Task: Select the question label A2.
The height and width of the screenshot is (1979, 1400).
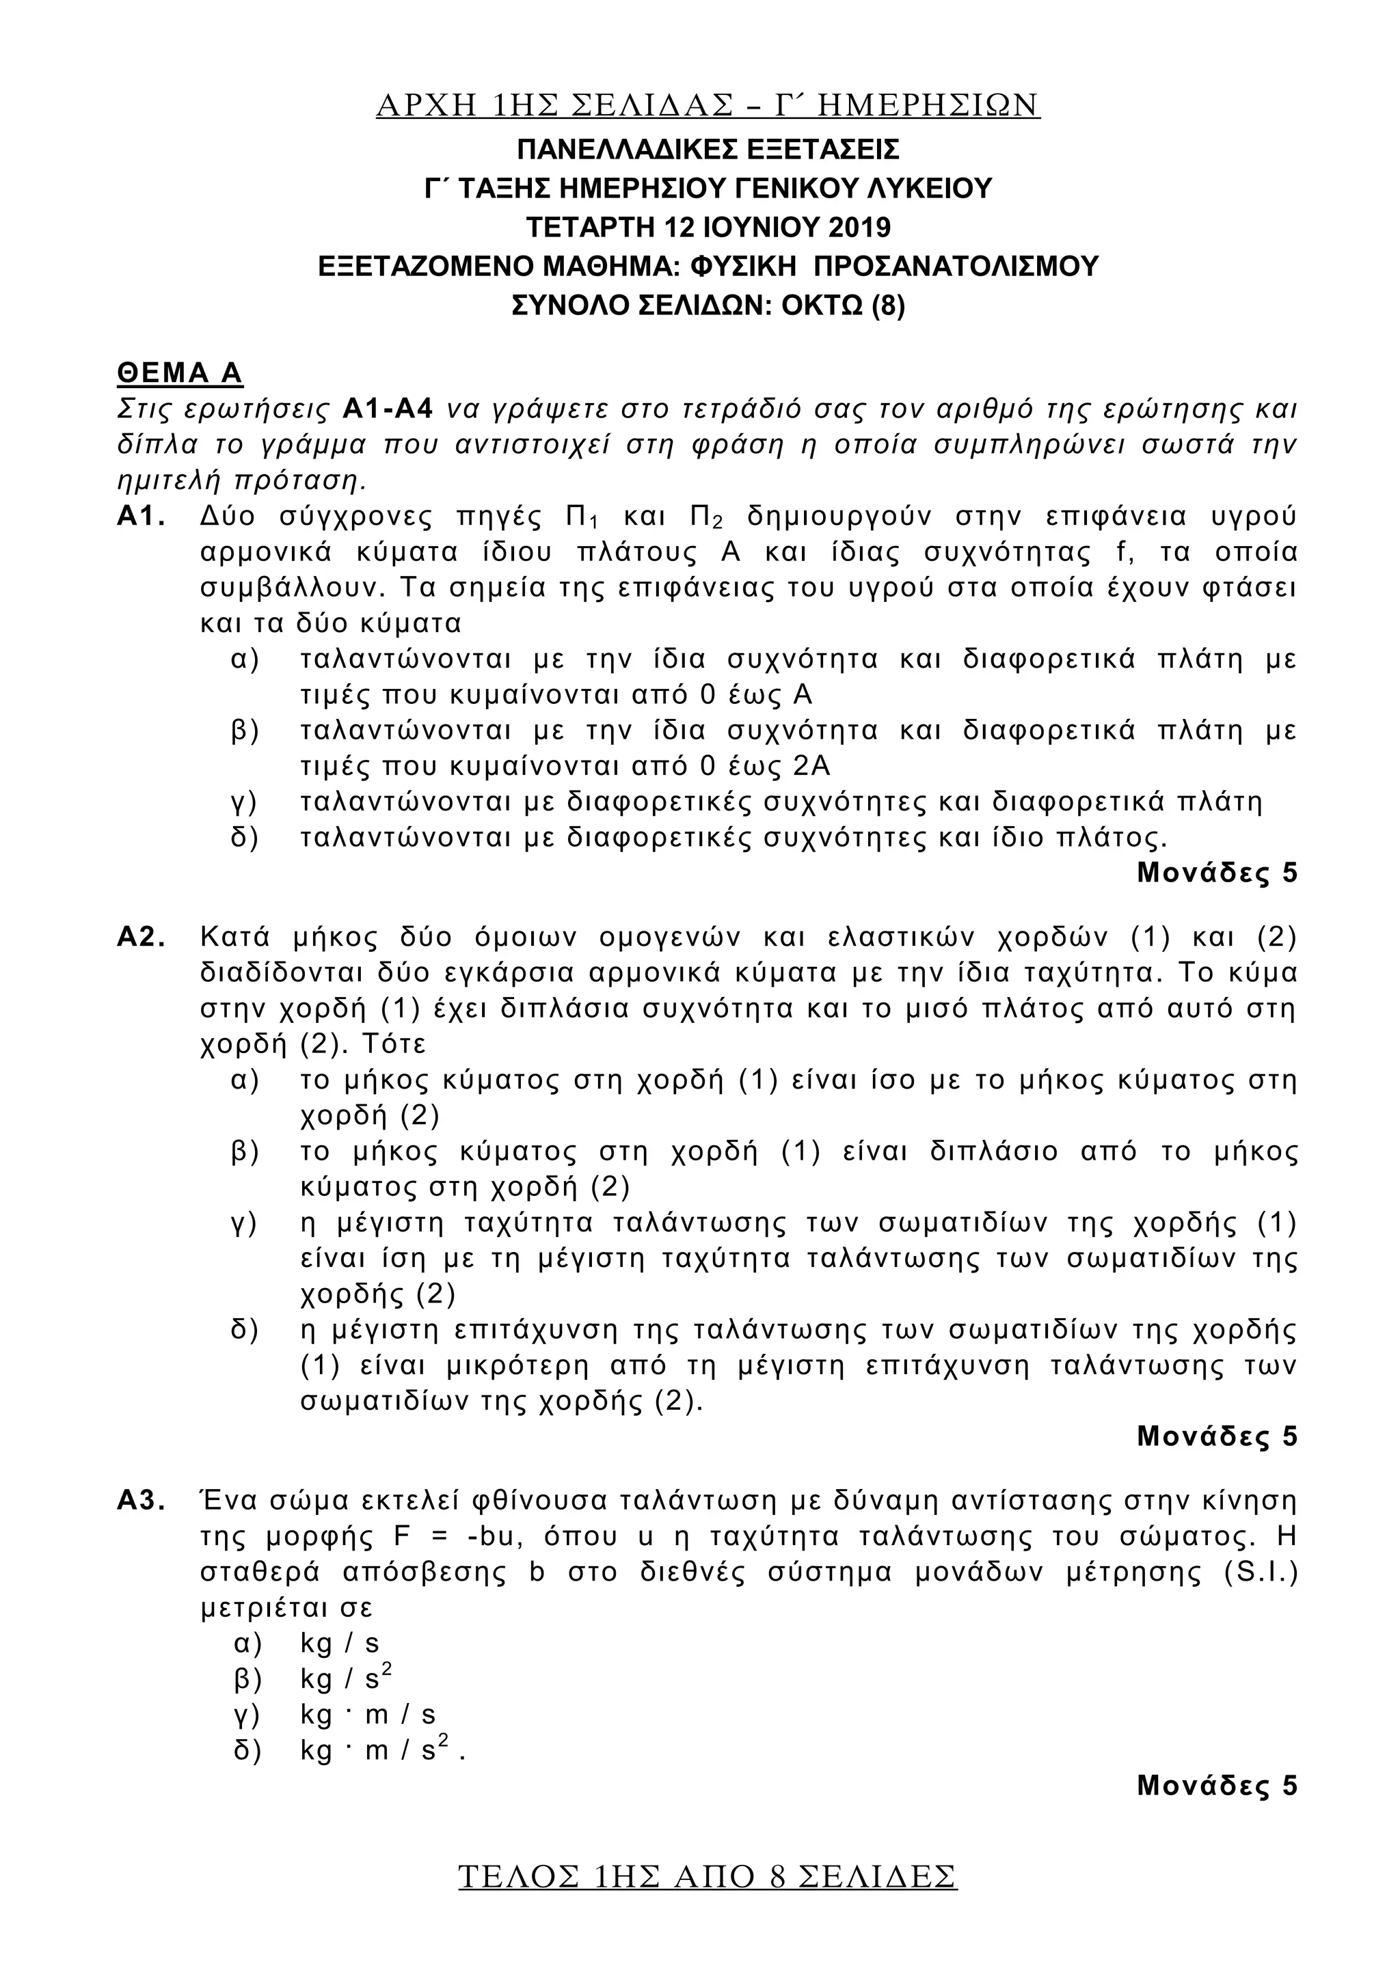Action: point(141,937)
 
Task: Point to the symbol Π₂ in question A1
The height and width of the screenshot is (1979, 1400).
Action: point(706,517)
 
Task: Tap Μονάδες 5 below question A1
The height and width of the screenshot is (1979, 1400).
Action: point(1216,873)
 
